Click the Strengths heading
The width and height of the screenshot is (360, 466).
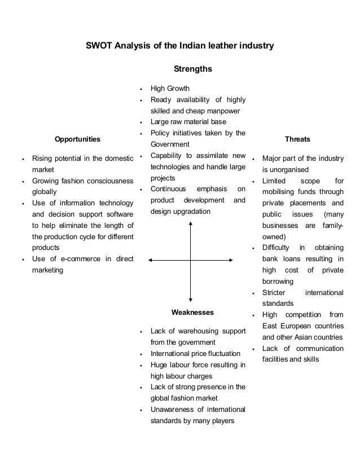click(x=193, y=69)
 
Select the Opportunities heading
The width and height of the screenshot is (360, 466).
click(x=77, y=138)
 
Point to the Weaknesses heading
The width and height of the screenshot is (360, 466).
click(x=192, y=311)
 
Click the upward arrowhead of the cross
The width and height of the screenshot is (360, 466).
click(x=191, y=223)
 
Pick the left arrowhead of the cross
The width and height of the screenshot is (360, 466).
click(x=151, y=259)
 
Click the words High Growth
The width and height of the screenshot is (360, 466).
click(x=170, y=89)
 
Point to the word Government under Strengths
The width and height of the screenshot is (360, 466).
click(x=170, y=144)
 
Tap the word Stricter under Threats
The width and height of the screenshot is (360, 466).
click(x=274, y=293)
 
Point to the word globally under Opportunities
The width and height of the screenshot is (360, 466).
click(x=44, y=192)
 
